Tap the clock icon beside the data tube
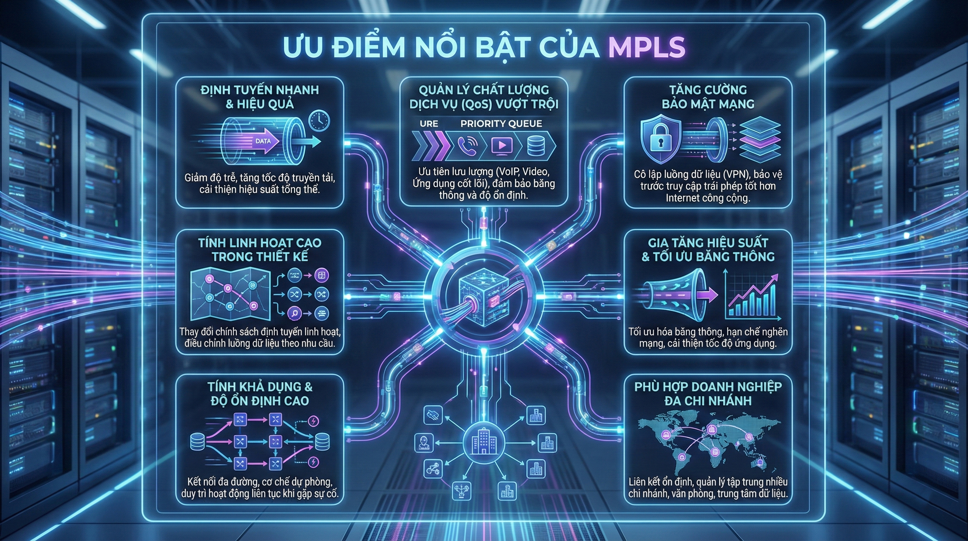(319, 121)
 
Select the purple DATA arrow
(265, 141)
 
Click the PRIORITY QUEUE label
(501, 124)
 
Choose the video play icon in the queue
(502, 145)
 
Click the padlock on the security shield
(661, 136)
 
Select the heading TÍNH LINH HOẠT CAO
(260, 243)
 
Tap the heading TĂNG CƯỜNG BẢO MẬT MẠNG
(708, 97)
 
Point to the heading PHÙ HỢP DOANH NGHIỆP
(708, 387)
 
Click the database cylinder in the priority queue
(535, 145)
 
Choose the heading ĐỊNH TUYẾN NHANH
(260, 90)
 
